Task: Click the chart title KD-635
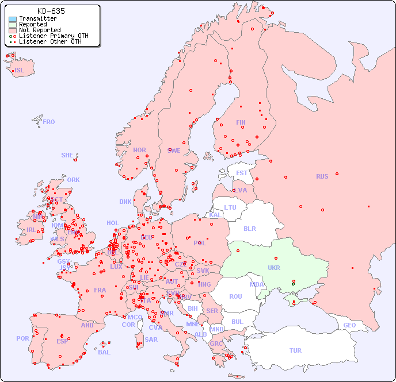click(51, 11)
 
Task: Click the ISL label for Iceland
click(19, 71)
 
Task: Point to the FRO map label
click(49, 122)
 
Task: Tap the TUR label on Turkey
click(295, 350)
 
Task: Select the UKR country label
click(274, 268)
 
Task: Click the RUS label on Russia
click(322, 176)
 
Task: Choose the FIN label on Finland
click(241, 122)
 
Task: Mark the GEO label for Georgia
click(349, 325)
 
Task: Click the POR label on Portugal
click(22, 338)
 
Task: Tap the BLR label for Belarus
click(250, 228)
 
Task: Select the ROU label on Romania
click(235, 296)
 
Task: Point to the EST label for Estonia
click(242, 173)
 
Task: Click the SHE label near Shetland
click(67, 155)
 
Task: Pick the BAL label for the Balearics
click(104, 352)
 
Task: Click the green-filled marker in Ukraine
click(293, 284)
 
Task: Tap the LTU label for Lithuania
click(230, 207)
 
